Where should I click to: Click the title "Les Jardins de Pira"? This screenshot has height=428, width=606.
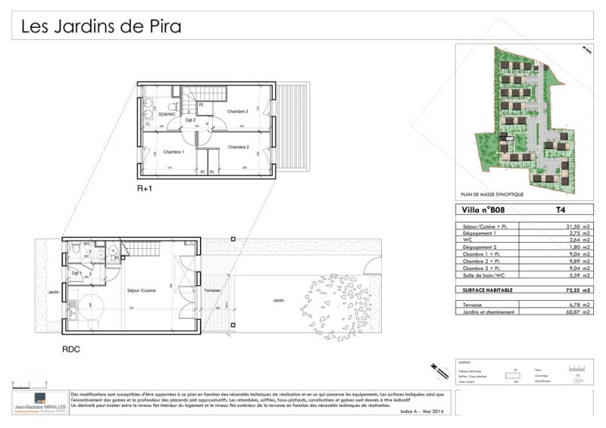pos(101,27)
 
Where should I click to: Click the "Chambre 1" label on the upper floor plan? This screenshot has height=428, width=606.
pos(173,152)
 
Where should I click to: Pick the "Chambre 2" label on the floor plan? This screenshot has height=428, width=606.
pos(238,147)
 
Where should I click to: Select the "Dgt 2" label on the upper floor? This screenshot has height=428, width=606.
pos(190,120)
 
